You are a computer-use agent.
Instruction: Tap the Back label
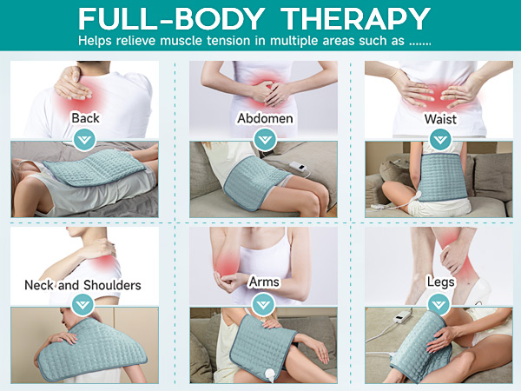85,117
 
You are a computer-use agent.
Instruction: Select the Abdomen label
264,117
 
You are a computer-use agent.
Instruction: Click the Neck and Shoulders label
82,284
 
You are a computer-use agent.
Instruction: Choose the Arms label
264,282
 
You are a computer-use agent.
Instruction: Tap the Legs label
441,282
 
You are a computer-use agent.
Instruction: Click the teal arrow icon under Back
84,138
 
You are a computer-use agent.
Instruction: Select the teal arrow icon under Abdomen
264,138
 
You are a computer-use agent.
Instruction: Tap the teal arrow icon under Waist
441,138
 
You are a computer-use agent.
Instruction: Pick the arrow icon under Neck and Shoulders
83,304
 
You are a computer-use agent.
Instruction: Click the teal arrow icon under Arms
264,304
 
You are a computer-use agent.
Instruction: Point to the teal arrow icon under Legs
441,304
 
